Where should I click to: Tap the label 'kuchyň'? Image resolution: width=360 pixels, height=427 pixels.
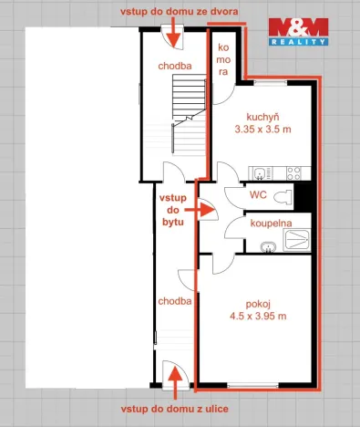[x=262, y=118]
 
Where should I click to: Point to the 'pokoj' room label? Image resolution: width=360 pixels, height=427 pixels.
[x=260, y=304]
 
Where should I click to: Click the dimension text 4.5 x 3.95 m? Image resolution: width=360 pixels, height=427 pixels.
[x=260, y=317]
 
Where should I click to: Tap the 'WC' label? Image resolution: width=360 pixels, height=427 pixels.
[x=258, y=195]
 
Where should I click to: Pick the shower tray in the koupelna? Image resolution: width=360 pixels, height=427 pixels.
[x=298, y=239]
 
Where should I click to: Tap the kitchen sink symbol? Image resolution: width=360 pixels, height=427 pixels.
[x=261, y=172]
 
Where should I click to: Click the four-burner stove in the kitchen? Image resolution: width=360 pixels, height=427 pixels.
[x=294, y=172]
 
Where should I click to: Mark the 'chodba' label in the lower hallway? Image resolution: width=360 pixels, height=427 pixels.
[x=174, y=300]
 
